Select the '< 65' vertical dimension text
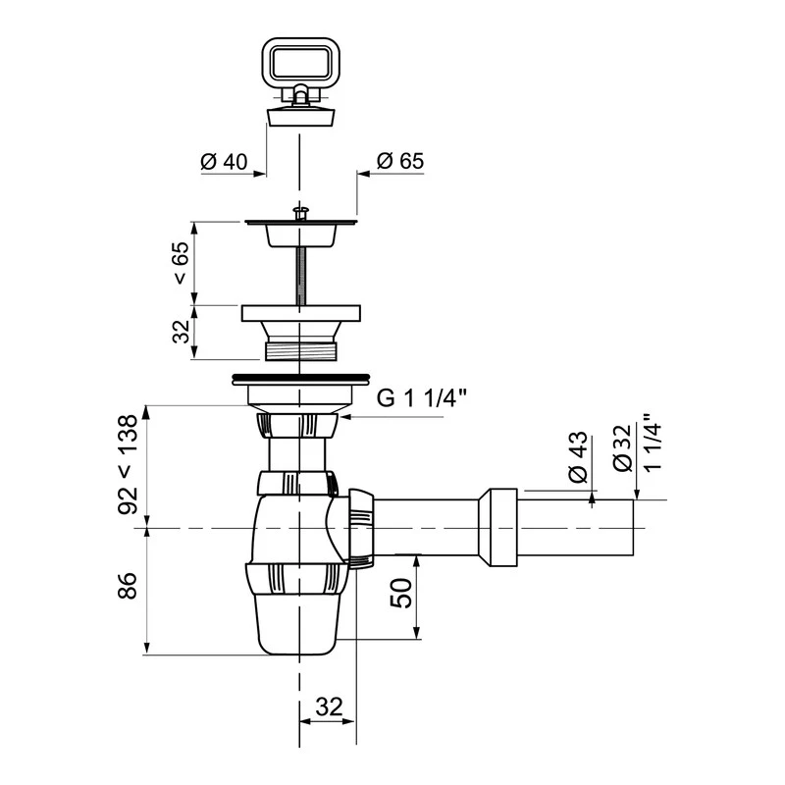182,263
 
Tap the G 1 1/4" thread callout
423,397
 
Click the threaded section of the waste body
299,348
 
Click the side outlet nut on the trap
361,528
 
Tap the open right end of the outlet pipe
632,528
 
